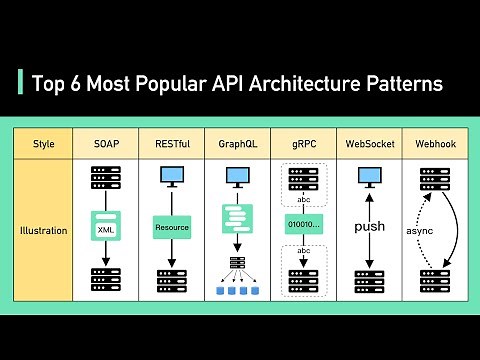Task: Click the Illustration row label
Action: click(x=44, y=230)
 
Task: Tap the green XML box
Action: click(x=106, y=230)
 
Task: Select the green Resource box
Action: click(x=171, y=227)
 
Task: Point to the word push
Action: click(x=369, y=227)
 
